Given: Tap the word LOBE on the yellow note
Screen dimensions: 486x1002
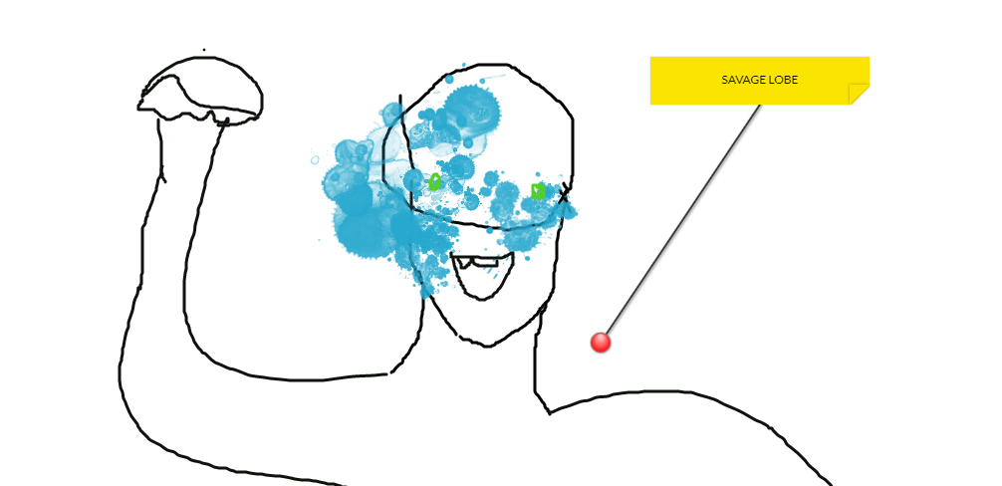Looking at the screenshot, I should pyautogui.click(x=783, y=80).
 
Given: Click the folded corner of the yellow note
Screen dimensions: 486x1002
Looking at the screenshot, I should pyautogui.click(x=860, y=95).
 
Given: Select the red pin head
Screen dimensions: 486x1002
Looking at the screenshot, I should pyautogui.click(x=600, y=342).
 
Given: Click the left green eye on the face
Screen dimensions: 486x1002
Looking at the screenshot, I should pyautogui.click(x=434, y=182).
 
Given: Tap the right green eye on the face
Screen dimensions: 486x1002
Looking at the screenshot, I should pyautogui.click(x=538, y=190).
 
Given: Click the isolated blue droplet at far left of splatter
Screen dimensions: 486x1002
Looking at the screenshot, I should pyautogui.click(x=316, y=157).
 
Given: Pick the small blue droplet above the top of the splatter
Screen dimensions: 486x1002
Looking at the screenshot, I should pyautogui.click(x=451, y=77).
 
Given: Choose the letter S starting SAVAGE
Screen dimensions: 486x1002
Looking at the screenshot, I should pyautogui.click(x=724, y=80).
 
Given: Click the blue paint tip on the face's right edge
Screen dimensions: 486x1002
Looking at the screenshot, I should pyautogui.click(x=573, y=210).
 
